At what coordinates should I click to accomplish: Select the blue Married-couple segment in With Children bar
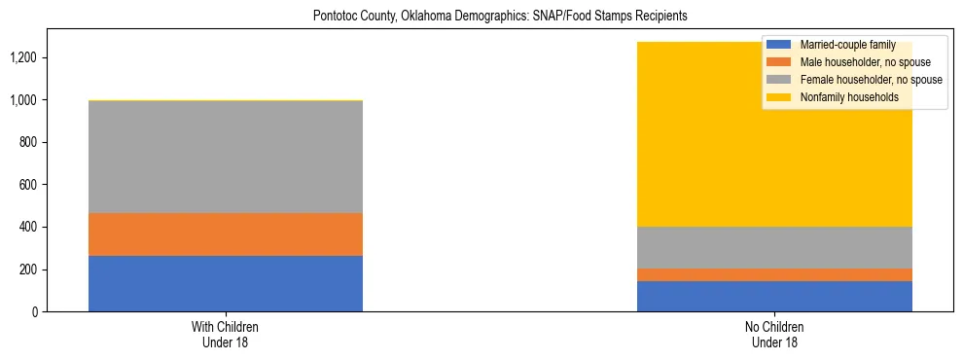(x=226, y=283)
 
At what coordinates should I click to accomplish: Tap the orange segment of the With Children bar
(x=226, y=234)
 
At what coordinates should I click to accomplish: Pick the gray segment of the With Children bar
(x=226, y=157)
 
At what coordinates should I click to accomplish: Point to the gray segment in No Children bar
(x=774, y=247)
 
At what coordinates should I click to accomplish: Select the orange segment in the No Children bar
(x=774, y=274)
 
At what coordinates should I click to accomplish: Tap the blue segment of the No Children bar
(x=774, y=296)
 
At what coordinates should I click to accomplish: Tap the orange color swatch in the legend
(x=778, y=62)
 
